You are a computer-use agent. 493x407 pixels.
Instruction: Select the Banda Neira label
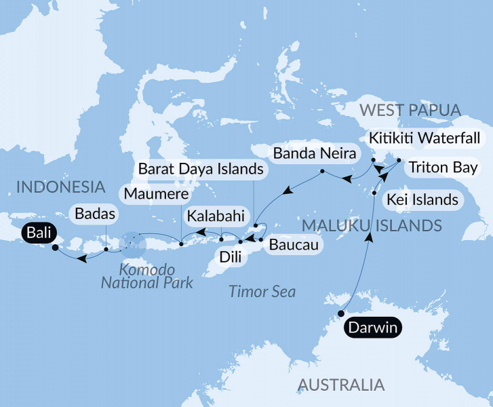coord(314,153)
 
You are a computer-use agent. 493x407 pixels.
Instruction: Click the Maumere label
coord(148,193)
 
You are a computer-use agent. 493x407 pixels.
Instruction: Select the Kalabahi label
coord(212,217)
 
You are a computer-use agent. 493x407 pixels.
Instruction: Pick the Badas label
coord(91,214)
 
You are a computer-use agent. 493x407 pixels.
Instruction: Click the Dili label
coord(228,257)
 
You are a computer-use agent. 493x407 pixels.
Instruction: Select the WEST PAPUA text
coord(411,110)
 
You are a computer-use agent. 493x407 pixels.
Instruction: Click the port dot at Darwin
coord(340,313)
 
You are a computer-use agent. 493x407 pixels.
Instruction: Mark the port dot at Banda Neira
coord(321,170)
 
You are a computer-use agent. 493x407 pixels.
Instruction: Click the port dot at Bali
coord(55,247)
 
